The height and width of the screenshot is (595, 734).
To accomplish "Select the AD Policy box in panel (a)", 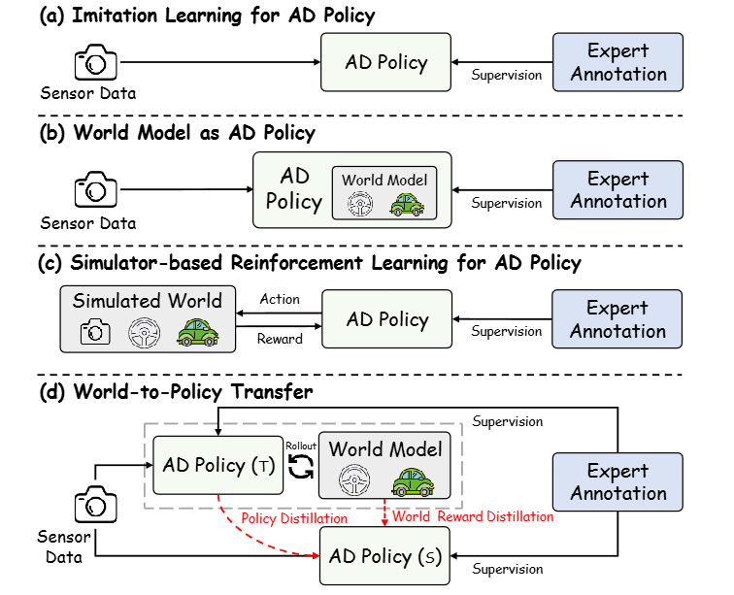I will (x=386, y=63).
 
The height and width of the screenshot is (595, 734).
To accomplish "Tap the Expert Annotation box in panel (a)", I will (x=619, y=63).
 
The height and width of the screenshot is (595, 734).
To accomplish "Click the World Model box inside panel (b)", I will (x=384, y=193).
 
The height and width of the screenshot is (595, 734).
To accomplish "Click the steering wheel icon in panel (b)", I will (x=361, y=204).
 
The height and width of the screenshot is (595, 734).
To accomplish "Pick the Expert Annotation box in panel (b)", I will (x=619, y=190).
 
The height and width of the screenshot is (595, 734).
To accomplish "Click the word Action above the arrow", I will (x=280, y=298).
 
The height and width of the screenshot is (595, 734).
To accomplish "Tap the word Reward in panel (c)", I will (x=280, y=339).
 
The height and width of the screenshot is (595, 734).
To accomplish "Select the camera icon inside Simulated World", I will (x=95, y=332).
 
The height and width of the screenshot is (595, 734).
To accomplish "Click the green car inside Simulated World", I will (x=197, y=332).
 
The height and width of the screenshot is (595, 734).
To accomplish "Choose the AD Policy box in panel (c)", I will (x=386, y=319).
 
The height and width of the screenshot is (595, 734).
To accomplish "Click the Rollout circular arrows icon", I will (x=299, y=467).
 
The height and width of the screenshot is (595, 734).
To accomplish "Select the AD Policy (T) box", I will (x=217, y=465).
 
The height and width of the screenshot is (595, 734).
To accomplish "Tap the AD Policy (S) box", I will (x=386, y=555).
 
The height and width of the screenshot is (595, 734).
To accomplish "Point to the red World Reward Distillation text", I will (x=474, y=516).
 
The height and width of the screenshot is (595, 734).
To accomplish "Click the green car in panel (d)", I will (x=411, y=480).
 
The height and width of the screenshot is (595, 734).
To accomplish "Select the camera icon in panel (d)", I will (x=94, y=506).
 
